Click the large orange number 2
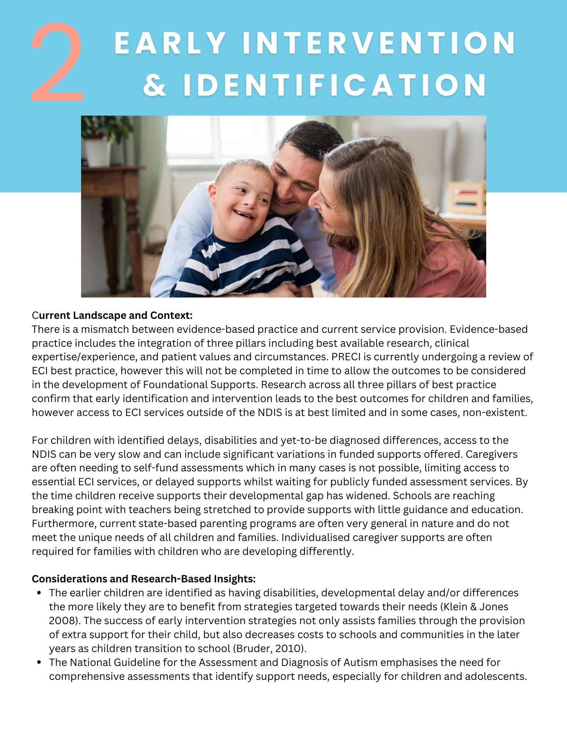57,62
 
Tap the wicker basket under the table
154,257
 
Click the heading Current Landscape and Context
112,315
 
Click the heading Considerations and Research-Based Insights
143,579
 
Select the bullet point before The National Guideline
39,662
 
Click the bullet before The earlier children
39,593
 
